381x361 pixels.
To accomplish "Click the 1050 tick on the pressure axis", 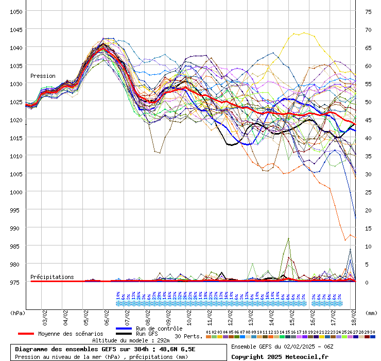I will (15, 11).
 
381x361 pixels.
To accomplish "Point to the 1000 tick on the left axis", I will (15, 192).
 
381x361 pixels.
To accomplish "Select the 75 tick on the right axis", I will (368, 11).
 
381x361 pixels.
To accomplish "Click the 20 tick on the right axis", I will (368, 210).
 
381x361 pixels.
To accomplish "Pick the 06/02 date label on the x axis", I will (107, 313).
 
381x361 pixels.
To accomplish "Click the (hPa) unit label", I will (18, 313).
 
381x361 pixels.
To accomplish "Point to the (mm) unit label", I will (371, 313).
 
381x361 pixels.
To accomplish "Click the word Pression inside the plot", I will (43, 76).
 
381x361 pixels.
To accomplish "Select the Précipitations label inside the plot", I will (52, 277).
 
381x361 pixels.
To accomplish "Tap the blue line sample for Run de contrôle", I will (124, 329).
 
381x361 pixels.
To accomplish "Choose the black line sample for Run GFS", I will (124, 334).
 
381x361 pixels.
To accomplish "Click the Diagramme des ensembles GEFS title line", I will (105, 349).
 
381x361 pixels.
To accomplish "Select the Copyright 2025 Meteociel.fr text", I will (280, 356).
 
